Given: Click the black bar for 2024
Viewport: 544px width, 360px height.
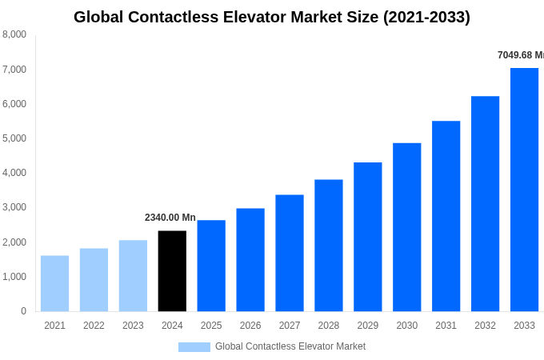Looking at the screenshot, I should coord(172,270).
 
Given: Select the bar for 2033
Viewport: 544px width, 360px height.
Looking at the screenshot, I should coord(524,190).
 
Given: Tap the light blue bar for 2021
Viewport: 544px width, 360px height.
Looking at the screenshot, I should coord(54,283).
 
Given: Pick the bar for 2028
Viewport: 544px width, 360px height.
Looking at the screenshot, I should coord(328,245).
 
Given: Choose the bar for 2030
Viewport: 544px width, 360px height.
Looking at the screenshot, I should coord(406,227).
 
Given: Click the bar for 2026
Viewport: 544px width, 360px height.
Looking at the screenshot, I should coord(250,259).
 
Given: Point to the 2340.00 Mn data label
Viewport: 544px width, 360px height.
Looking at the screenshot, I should coord(170,218).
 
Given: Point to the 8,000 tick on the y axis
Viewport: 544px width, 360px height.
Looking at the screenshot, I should coord(14,34).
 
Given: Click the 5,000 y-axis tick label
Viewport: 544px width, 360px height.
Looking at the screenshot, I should coord(14,138).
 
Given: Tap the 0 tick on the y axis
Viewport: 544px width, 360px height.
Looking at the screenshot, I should coord(23,311).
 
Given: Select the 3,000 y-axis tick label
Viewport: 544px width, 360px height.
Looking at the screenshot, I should coord(14,207).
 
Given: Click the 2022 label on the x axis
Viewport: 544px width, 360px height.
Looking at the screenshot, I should coord(94,326).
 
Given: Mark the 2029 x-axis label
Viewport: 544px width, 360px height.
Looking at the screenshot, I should coord(367,326).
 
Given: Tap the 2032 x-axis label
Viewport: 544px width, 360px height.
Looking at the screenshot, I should coord(485,326).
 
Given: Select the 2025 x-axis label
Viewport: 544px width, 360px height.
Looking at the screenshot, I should coord(211,326).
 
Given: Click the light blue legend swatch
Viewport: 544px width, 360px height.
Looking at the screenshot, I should coord(194,347).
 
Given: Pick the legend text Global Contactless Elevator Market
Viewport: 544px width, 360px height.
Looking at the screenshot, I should coord(290,346).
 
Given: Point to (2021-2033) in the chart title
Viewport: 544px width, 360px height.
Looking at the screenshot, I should coord(426,17).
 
